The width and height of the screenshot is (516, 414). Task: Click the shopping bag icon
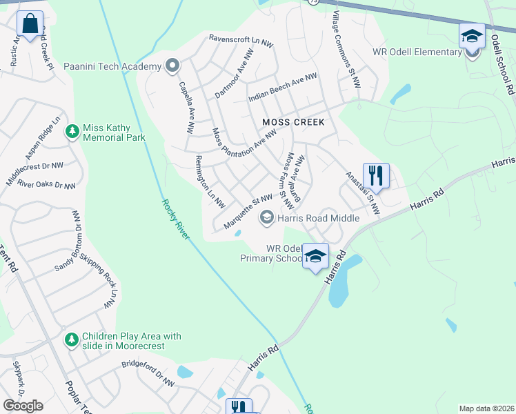pos(30,25)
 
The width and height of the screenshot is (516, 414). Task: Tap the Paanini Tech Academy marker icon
pos(172,66)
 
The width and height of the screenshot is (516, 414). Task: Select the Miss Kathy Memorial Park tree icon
pos(72,131)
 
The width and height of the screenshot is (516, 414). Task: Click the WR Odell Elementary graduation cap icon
pos(472,36)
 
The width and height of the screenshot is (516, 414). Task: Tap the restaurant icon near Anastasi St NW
pos(376,175)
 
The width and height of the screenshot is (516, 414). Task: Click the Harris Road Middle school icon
pos(266,218)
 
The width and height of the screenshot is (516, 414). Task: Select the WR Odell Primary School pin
pos(315,257)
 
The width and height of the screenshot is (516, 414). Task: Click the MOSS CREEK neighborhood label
pos(293,121)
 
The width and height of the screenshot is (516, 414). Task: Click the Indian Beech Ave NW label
pos(282,89)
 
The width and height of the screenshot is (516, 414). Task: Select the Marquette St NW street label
pos(248,211)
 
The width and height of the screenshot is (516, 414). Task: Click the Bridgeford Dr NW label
pos(148,373)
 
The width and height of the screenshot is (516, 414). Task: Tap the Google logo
pos(23,406)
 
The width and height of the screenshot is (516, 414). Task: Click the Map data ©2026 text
pos(486,408)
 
